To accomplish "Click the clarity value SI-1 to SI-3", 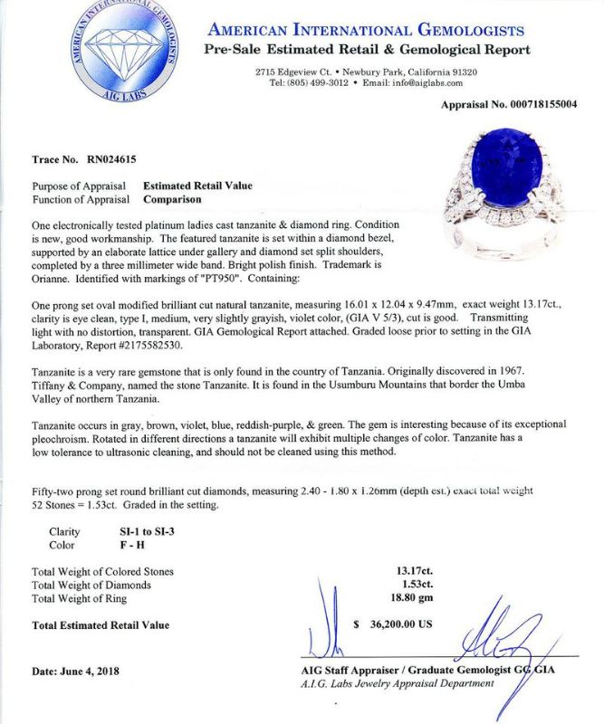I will pos(139,532).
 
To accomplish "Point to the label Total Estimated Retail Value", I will pos(101,624).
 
